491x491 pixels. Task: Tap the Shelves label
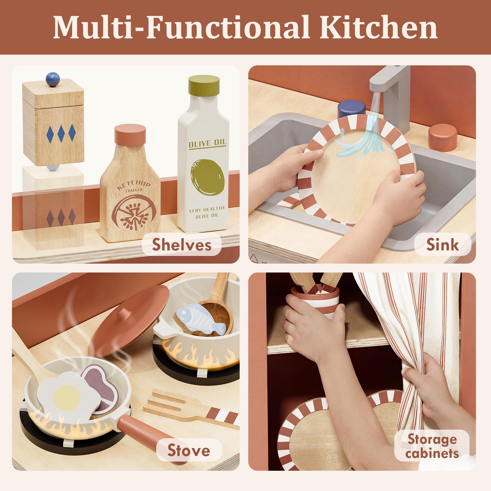(x=182, y=245)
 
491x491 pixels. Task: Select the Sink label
(x=443, y=245)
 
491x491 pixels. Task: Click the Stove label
(x=189, y=450)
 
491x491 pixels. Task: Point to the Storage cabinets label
(x=432, y=446)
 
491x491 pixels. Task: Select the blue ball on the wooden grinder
(x=53, y=79)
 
